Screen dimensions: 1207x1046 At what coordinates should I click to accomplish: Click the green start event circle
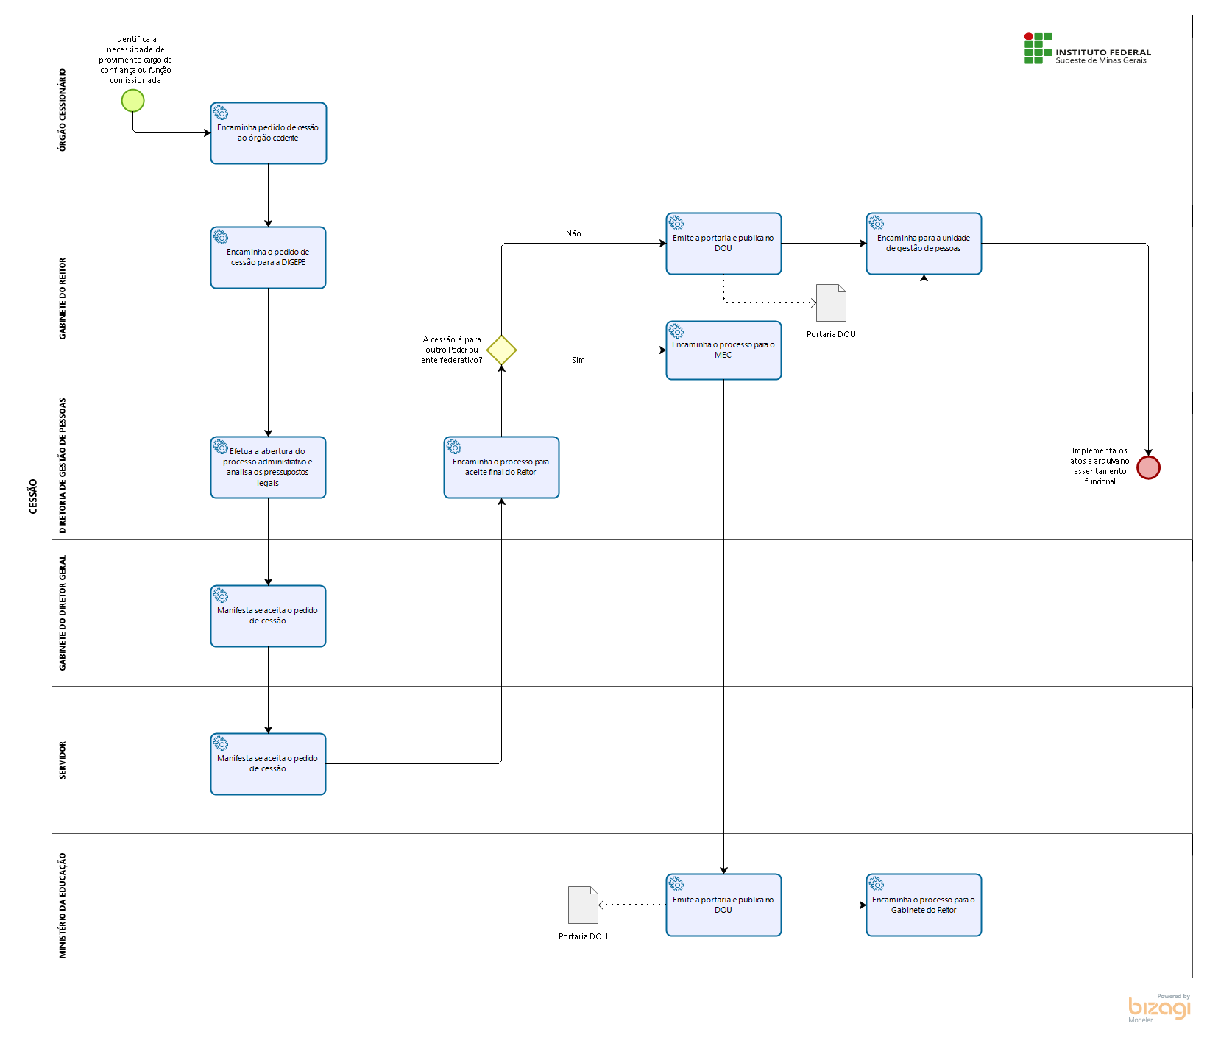(133, 100)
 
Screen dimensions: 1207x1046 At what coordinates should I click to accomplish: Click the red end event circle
(1148, 467)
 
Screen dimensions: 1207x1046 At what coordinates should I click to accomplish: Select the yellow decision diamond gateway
(501, 350)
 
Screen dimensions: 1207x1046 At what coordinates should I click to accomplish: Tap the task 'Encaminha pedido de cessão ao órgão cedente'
(269, 133)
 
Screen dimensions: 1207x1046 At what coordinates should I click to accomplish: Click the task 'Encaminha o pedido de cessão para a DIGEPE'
(268, 258)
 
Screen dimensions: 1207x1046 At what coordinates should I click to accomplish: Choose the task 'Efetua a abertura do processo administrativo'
(268, 467)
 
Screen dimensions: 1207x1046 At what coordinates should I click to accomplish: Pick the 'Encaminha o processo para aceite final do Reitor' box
(501, 467)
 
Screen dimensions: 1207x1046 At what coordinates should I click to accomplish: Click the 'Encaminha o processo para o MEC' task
(723, 350)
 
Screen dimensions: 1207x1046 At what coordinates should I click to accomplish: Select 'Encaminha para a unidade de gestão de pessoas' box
(924, 244)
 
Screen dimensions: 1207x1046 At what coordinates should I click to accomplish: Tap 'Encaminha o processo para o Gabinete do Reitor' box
(924, 905)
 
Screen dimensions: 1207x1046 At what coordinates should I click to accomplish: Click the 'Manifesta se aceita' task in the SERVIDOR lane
(268, 764)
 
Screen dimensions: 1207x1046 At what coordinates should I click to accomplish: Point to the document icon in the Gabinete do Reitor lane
(832, 303)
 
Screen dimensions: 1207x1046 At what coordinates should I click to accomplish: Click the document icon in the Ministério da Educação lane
(583, 905)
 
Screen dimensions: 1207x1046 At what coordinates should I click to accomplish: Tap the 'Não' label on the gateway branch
(573, 233)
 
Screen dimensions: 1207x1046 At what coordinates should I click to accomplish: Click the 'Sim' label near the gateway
(578, 360)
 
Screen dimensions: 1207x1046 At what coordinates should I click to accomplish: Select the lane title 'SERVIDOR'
(63, 760)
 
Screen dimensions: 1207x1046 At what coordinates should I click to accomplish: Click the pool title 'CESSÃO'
(33, 496)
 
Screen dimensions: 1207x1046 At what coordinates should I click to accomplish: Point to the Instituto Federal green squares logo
(1038, 48)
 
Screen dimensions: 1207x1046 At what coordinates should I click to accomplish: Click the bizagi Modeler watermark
(1159, 1008)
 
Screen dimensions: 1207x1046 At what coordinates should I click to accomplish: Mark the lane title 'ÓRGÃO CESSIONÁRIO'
(63, 110)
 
